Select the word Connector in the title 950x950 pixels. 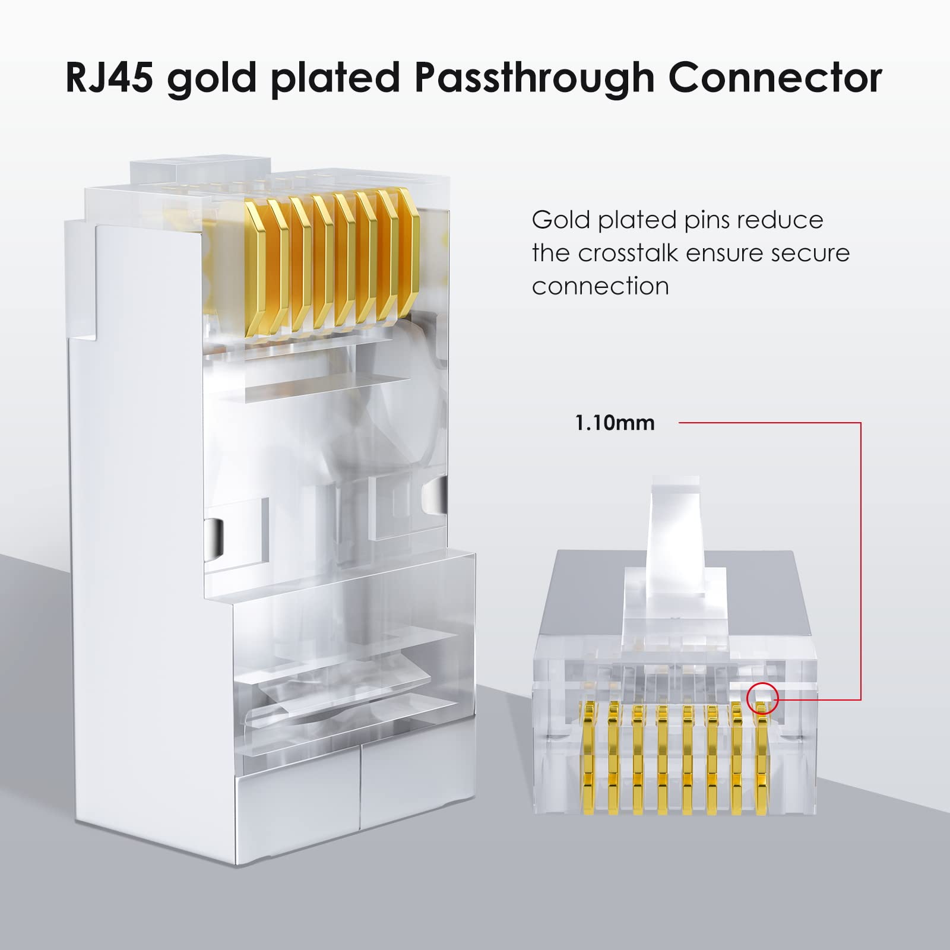coord(772,77)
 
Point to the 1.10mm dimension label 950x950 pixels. coord(615,423)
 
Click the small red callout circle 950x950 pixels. coord(762,698)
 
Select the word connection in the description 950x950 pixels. coord(600,287)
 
